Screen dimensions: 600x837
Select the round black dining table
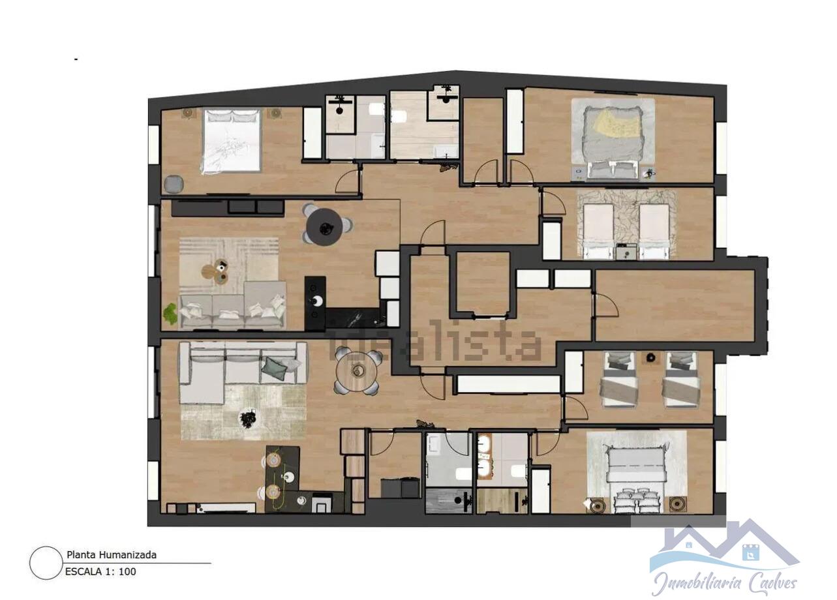[x=325, y=226]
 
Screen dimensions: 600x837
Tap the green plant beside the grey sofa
[x=170, y=314]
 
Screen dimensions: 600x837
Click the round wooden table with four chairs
[x=357, y=372]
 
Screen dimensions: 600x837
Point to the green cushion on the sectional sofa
[x=274, y=368]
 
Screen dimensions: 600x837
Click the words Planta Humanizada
[x=111, y=555]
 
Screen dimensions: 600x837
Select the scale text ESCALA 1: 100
[x=100, y=572]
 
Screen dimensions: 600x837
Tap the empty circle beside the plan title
[x=46, y=563]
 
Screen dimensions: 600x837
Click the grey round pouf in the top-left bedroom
[x=174, y=185]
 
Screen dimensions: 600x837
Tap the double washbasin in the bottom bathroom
[x=483, y=458]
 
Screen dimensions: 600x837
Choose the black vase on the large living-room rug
[x=248, y=419]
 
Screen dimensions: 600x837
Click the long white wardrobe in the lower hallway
[x=508, y=384]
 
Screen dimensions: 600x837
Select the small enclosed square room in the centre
[x=483, y=282]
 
